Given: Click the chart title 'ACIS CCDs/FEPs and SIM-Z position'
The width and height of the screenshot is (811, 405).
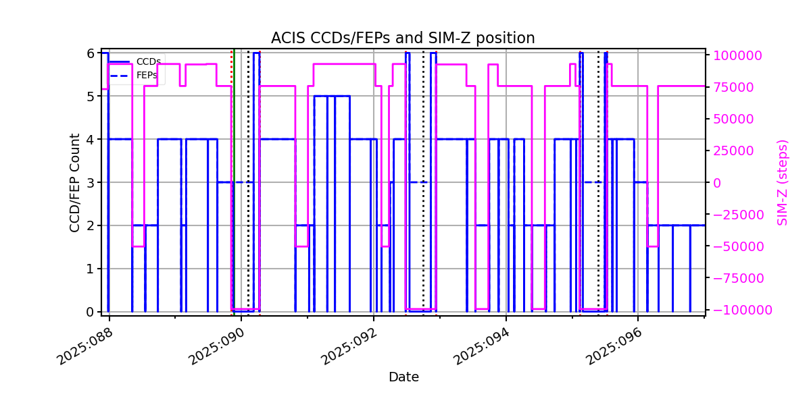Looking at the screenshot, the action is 403,38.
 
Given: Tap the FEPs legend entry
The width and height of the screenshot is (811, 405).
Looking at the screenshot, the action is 133,75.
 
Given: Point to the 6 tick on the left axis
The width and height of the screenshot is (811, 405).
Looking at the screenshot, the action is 90,53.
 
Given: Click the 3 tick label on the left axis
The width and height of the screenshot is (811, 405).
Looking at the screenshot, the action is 90,183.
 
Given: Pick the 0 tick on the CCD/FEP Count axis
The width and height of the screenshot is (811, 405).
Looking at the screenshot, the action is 90,312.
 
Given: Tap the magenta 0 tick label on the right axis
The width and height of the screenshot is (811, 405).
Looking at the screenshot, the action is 717,183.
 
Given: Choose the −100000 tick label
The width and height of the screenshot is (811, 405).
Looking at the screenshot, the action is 743,310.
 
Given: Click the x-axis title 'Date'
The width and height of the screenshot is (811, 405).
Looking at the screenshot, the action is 403,377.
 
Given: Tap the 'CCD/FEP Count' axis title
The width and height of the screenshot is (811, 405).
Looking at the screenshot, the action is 74,183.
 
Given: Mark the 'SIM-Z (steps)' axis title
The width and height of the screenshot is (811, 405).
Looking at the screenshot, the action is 782,183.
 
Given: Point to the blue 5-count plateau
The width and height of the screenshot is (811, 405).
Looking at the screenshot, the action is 332,96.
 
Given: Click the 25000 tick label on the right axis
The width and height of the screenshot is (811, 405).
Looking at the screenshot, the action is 733,151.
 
